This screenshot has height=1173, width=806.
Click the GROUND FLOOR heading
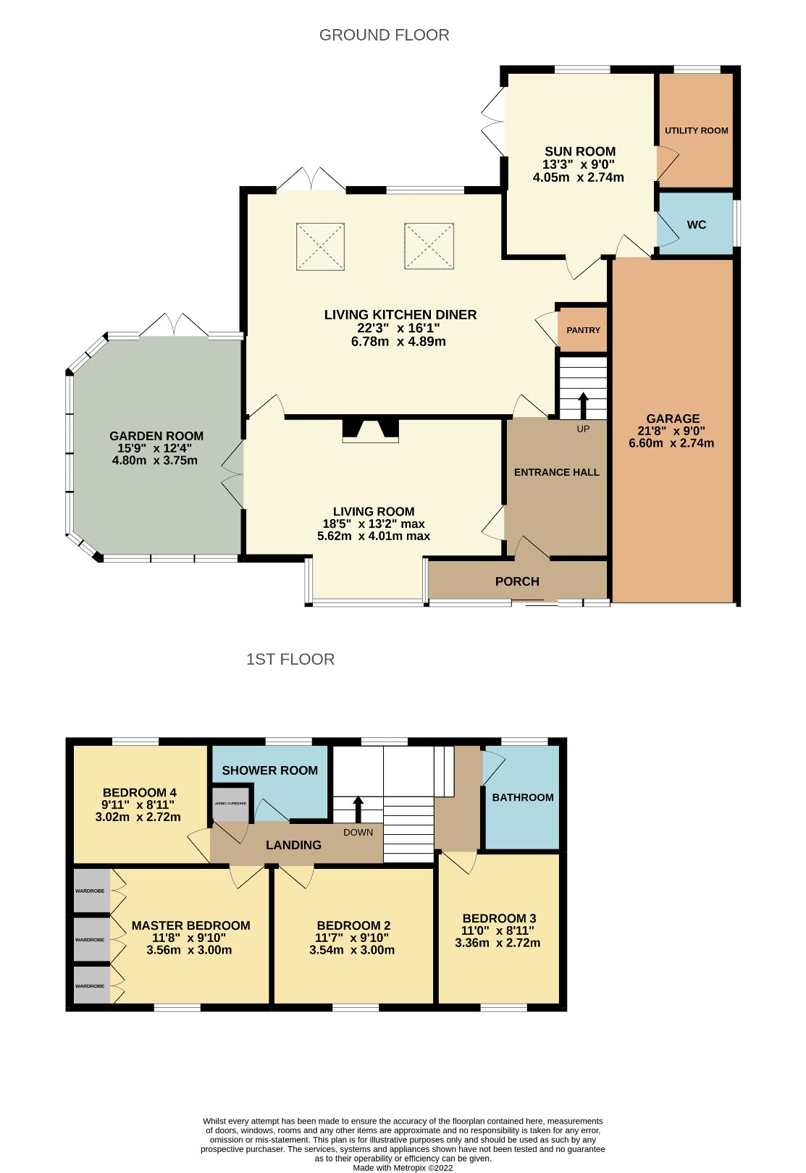coord(384,35)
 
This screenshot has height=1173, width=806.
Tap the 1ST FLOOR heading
coord(290,659)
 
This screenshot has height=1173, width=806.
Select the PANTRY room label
coord(583,330)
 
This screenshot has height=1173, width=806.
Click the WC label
coord(696,224)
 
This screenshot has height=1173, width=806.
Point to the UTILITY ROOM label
coord(696,130)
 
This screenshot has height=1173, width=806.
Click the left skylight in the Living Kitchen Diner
coord(320,247)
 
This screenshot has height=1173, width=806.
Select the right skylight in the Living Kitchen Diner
coord(429,247)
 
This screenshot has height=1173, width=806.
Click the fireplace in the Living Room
coord(371,430)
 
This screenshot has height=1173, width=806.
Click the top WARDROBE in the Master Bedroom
coord(91,891)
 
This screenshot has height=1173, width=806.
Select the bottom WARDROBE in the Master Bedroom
coord(91,985)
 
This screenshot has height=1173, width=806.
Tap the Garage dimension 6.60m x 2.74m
coord(671,443)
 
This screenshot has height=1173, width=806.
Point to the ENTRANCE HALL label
coord(556,472)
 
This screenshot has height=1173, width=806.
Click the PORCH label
coord(517,581)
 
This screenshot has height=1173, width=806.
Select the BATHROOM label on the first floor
coord(522,797)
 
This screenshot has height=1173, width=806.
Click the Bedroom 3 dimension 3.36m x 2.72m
coord(498,943)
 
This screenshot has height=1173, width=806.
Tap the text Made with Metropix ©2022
coord(403,1167)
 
